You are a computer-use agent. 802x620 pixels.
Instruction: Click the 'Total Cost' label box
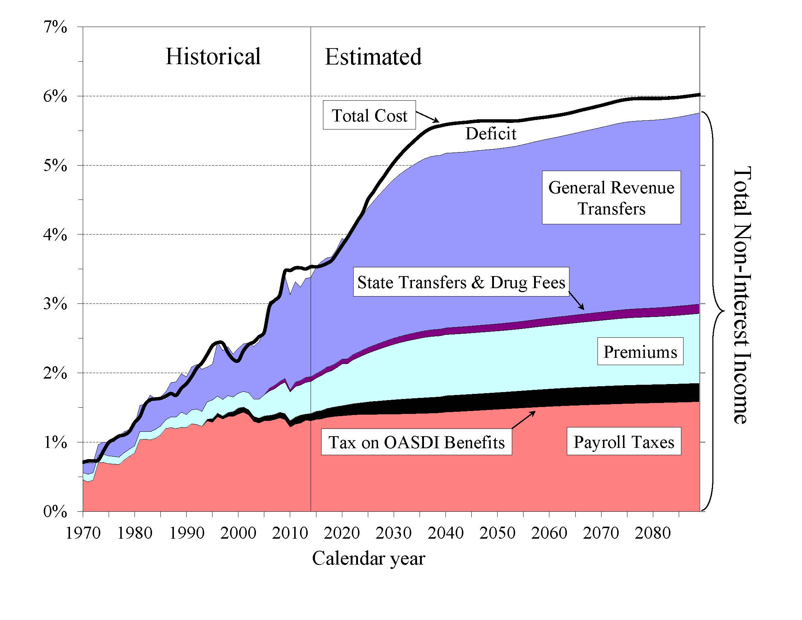(x=369, y=115)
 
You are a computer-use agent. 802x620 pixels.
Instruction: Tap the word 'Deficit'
(x=491, y=133)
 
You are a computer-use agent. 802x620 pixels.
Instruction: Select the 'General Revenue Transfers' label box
(x=611, y=198)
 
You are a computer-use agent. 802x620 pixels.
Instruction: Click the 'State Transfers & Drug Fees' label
(x=461, y=282)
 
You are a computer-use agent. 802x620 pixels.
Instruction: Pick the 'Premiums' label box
(x=640, y=352)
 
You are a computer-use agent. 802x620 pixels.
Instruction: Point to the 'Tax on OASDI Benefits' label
(x=416, y=442)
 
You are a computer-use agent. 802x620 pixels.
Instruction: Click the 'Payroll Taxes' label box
(x=623, y=442)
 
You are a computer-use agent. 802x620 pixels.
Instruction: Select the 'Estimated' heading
(x=373, y=57)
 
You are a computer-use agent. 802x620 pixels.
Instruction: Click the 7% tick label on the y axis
(x=55, y=27)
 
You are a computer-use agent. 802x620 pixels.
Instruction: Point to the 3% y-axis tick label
(x=55, y=304)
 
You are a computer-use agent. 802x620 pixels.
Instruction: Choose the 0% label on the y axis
(x=55, y=511)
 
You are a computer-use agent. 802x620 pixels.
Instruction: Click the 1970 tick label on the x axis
(x=83, y=533)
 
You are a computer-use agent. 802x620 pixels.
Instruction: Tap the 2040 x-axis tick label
(x=445, y=533)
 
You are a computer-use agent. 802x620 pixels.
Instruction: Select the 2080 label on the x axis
(x=653, y=533)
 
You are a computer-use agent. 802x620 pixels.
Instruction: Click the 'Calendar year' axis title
(x=368, y=559)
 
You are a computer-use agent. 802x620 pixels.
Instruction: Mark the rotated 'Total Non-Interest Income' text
(x=742, y=296)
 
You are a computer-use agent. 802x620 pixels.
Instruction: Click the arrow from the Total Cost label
(x=428, y=117)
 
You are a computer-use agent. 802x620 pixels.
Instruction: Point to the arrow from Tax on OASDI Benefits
(x=523, y=419)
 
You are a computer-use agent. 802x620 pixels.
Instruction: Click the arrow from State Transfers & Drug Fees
(x=576, y=301)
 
